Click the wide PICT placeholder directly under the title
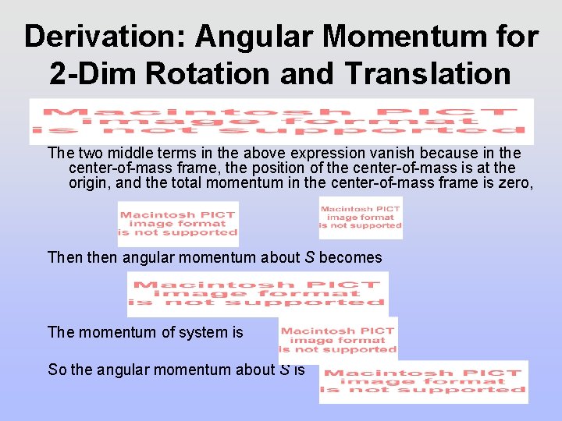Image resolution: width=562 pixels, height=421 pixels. pos(281,121)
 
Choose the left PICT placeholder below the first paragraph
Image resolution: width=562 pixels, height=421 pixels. pos(178,223)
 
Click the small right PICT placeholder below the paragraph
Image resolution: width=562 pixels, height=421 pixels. pos(361,218)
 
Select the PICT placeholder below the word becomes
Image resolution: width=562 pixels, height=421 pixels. pos(258,294)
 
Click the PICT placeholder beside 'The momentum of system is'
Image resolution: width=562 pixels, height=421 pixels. pos(338,340)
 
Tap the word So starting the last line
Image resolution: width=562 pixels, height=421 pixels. pos(57,370)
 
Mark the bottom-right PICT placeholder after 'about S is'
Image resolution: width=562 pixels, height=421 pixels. pos(423,382)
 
